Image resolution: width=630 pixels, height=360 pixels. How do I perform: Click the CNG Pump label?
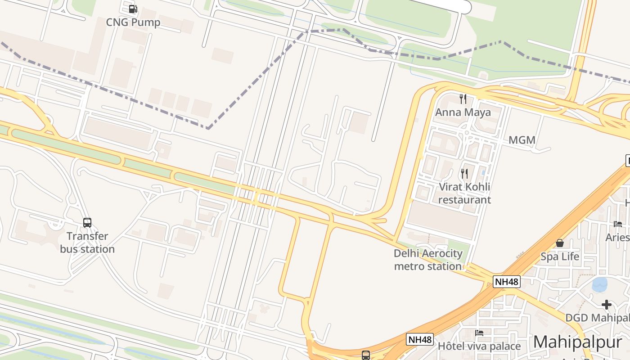[x=133, y=22]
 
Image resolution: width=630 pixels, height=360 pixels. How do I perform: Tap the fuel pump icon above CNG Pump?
[x=133, y=9]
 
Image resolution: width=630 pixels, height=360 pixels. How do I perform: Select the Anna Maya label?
[x=463, y=112]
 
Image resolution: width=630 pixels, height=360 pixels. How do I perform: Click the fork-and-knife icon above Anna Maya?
[x=463, y=99]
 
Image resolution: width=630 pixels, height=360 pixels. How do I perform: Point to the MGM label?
[x=522, y=140]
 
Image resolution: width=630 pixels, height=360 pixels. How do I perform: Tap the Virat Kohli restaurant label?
[x=464, y=193]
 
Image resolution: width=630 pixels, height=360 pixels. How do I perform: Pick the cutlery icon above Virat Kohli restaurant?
[x=464, y=173]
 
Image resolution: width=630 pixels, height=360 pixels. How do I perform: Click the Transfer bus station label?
[x=87, y=243]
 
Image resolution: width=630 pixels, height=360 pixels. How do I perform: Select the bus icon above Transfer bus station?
[x=87, y=222]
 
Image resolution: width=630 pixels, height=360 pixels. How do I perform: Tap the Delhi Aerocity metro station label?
[x=428, y=260]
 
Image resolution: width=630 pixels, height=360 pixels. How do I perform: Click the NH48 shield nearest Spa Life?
[x=507, y=282]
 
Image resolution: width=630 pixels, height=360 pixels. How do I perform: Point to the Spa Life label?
[x=560, y=256]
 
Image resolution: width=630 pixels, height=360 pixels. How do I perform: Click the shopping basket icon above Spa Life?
[x=560, y=243]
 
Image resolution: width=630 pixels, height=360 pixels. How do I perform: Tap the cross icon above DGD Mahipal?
[x=606, y=305]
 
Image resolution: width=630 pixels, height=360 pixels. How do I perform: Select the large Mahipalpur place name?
[x=577, y=342]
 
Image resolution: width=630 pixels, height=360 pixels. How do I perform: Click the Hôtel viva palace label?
[x=479, y=346]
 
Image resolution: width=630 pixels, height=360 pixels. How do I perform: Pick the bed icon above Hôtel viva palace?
[x=479, y=333]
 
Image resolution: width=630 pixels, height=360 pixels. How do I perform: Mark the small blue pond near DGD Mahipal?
[x=599, y=284]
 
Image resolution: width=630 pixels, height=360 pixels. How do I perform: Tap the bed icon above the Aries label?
[x=618, y=224]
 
